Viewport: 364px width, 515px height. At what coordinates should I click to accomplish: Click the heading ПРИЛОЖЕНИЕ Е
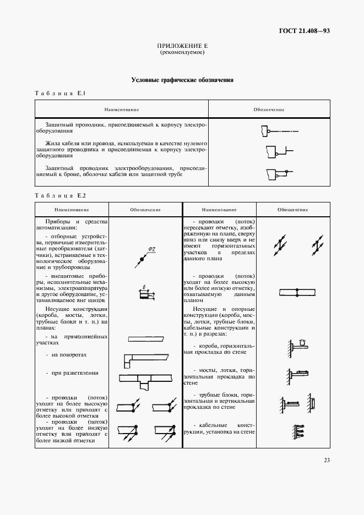[x=182, y=46]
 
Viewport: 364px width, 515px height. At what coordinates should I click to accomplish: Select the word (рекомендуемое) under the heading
[x=182, y=53]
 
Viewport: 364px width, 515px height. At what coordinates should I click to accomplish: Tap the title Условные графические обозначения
[x=182, y=80]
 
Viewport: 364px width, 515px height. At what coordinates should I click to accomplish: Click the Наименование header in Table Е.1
[x=122, y=109]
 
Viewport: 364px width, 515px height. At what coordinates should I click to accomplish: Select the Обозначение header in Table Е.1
[x=269, y=109]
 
